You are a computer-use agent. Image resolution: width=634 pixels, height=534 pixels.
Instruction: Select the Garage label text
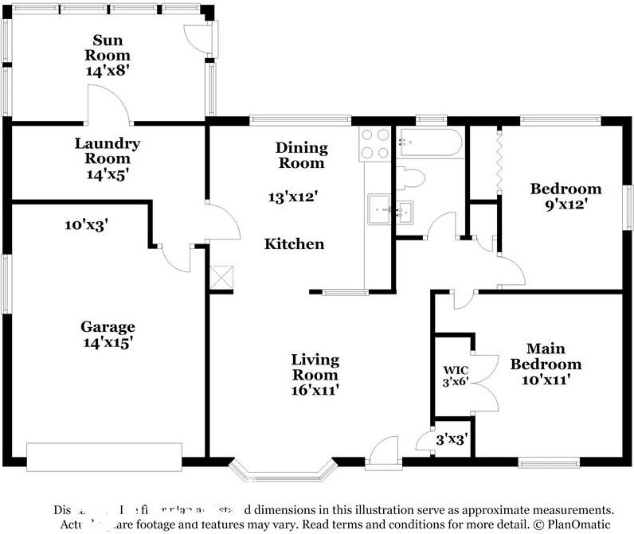(108, 326)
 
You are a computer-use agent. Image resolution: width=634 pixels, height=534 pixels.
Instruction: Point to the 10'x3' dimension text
(86, 225)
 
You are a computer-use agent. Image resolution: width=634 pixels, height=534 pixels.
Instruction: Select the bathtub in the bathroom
(430, 142)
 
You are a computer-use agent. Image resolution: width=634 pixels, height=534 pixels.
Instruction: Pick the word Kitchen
(294, 244)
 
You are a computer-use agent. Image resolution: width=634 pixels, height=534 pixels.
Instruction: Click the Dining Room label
(301, 155)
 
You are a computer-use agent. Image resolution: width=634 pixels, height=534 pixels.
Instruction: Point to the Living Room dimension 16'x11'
(315, 390)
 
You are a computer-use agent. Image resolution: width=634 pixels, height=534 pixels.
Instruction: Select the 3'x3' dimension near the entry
(451, 438)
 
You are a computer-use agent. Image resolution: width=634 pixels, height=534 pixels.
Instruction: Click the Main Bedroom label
(546, 357)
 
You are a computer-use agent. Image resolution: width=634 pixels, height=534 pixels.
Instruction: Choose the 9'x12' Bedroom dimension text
(566, 204)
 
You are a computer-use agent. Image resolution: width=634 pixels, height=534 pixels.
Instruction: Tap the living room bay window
(280, 470)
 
